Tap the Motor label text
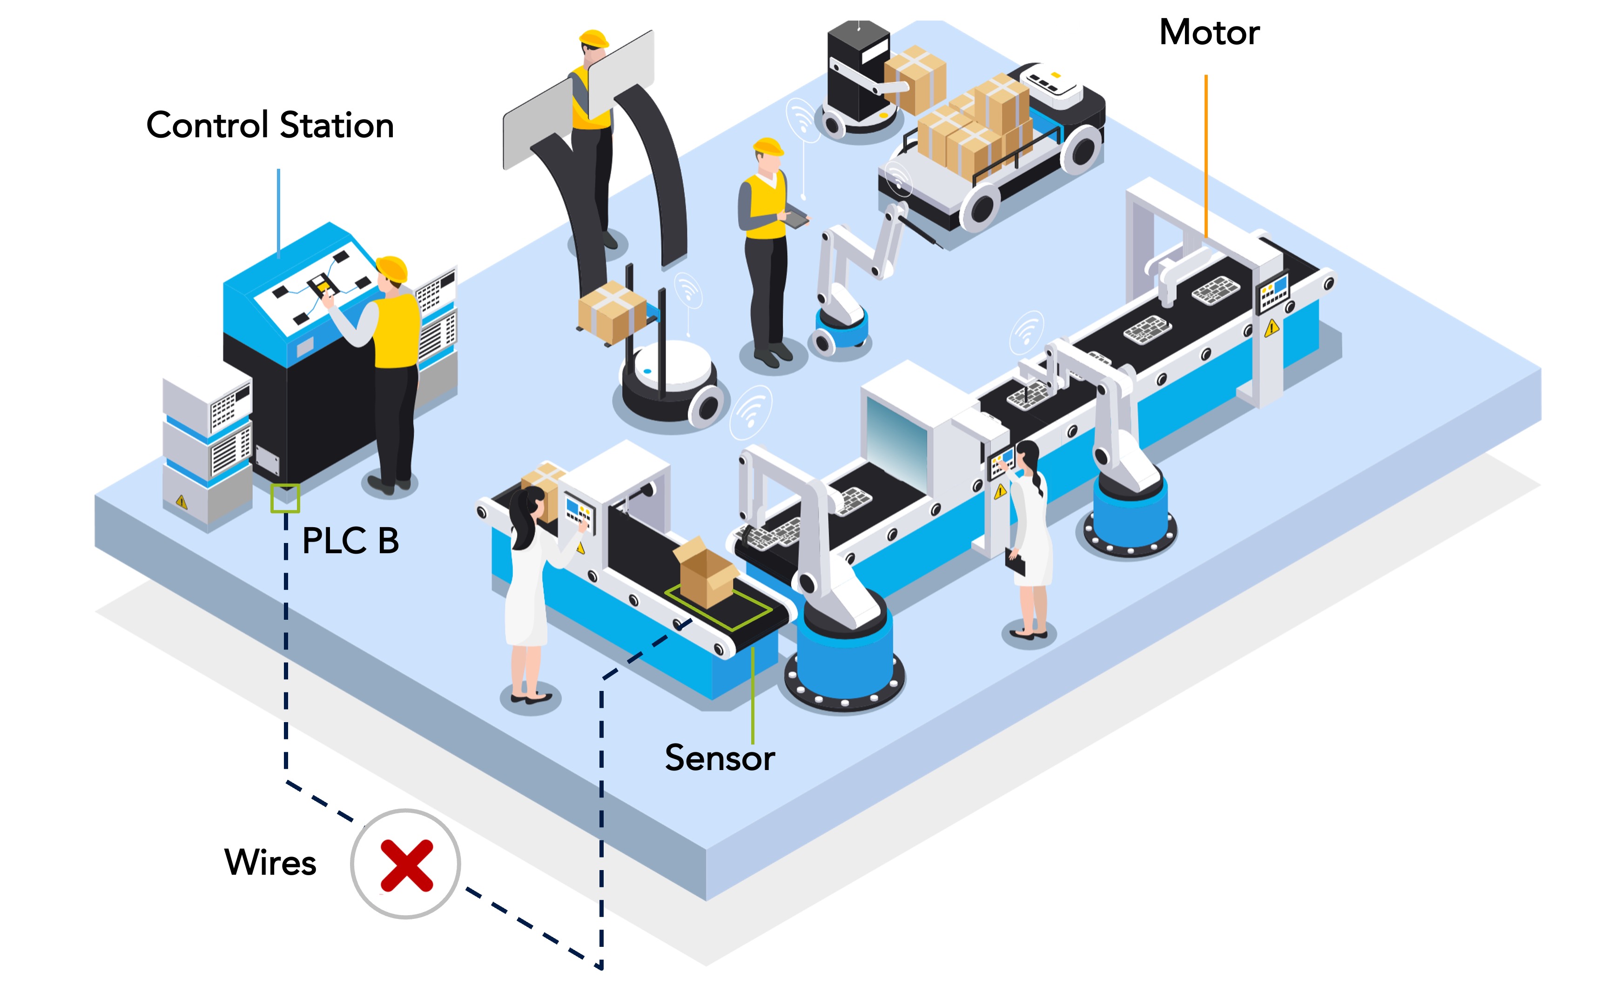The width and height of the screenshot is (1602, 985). tap(1209, 32)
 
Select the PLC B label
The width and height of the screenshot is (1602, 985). tap(350, 540)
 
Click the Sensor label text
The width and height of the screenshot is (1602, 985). tap(719, 757)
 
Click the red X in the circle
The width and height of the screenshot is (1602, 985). tap(406, 864)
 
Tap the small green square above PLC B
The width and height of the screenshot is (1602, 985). tap(285, 498)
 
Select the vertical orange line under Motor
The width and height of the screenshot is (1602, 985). tap(1206, 156)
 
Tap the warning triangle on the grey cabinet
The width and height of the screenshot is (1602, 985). tap(181, 502)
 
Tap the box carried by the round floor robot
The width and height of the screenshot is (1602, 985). tap(611, 311)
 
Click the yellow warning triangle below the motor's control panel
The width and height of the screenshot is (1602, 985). tap(1271, 328)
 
